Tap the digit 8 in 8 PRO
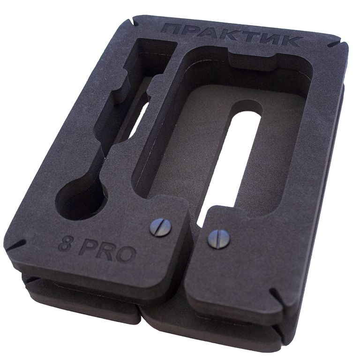65,245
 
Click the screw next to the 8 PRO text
160,227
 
